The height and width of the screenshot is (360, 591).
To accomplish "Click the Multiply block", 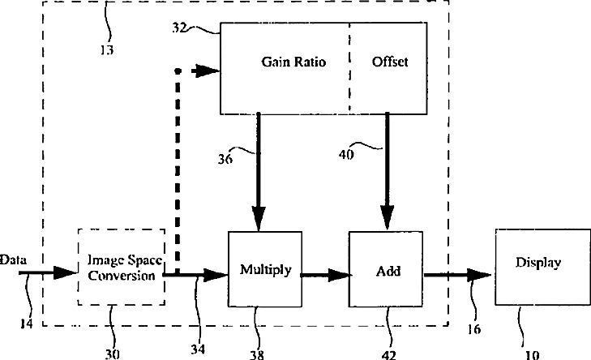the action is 265,269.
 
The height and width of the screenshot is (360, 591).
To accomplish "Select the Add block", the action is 386,269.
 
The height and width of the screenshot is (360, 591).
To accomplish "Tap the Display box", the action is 542,267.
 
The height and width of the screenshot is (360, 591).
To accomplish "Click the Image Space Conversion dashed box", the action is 122,267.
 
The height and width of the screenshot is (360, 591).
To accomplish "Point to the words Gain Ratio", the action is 293,62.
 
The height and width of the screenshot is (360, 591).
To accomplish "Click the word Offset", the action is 390,62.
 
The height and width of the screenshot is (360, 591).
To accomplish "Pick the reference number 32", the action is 179,28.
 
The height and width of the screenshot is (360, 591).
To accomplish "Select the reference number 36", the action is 225,159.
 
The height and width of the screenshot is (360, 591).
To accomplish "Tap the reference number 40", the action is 346,155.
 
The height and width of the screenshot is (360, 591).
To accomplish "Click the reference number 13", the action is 107,49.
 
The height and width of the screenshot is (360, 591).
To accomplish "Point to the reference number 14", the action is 27,324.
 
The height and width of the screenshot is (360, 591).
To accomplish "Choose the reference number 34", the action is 198,349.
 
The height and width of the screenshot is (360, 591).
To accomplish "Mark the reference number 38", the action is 257,354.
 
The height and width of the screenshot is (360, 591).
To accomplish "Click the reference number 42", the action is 388,355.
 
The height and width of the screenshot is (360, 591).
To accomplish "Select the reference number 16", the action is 473,329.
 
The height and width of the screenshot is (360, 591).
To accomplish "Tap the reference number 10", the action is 532,354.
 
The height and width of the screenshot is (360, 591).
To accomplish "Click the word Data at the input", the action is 14,259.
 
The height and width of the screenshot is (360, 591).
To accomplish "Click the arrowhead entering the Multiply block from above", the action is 258,219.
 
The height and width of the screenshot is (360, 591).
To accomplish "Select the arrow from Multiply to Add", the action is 325,275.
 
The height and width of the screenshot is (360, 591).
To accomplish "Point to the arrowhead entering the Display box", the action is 478,275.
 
